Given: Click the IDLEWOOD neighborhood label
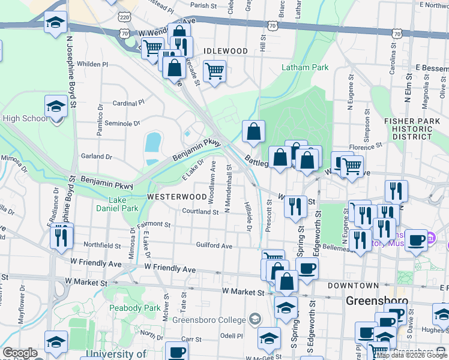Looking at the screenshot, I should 225,51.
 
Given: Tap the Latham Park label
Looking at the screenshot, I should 306,67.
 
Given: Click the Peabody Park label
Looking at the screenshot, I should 134,307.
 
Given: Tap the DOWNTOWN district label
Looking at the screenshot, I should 353,286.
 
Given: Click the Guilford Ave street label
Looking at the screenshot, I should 214,245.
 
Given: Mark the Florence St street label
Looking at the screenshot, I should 366,146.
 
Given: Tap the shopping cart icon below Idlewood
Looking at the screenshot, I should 214,71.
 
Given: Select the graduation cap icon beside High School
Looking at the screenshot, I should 56,107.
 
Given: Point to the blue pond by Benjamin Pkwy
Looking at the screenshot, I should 153,142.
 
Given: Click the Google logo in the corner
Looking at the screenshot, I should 20,353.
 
